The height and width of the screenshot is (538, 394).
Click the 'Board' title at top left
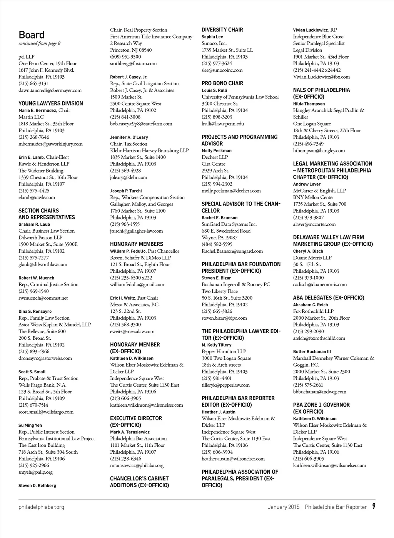(x=32, y=35)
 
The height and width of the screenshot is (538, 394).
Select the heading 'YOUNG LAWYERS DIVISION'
(x=51, y=103)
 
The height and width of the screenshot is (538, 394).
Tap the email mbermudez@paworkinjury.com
(x=50, y=144)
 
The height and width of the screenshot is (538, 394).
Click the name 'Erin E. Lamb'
(x=32, y=157)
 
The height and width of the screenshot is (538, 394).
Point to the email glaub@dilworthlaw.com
(x=43, y=264)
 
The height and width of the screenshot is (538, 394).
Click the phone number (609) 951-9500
(x=125, y=57)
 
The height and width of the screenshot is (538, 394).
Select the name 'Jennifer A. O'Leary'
(x=129, y=137)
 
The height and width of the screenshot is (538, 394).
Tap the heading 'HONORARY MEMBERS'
(x=137, y=244)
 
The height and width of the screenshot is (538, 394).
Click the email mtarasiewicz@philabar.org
(x=137, y=465)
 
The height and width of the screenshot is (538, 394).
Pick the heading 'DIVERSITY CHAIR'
(x=222, y=30)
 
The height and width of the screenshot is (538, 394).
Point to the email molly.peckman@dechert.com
(x=231, y=191)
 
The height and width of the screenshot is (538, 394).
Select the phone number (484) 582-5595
(x=217, y=244)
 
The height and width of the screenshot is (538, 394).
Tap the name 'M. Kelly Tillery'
(x=217, y=345)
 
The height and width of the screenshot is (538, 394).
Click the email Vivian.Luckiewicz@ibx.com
(x=321, y=77)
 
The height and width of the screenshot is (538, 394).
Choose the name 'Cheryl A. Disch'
(x=308, y=251)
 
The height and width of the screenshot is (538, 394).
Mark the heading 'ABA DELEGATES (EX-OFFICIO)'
(x=329, y=298)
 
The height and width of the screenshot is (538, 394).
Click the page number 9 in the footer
(x=374, y=506)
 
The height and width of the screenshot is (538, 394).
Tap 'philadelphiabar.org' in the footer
(x=41, y=507)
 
